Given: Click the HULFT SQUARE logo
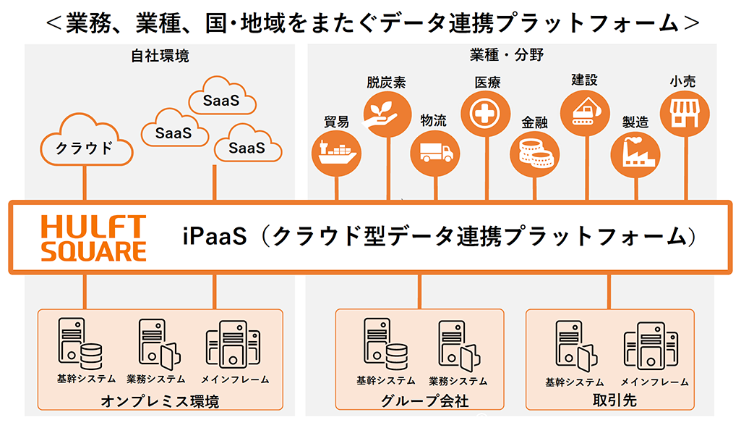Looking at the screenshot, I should pos(93,238).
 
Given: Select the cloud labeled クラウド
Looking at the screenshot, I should pos(85,147).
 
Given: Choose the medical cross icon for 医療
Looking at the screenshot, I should pos(486,114).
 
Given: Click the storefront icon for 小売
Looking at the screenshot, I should pos(684,114).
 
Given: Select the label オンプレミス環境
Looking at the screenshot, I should pos(160,400).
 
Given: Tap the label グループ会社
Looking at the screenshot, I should pos(420,400).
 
